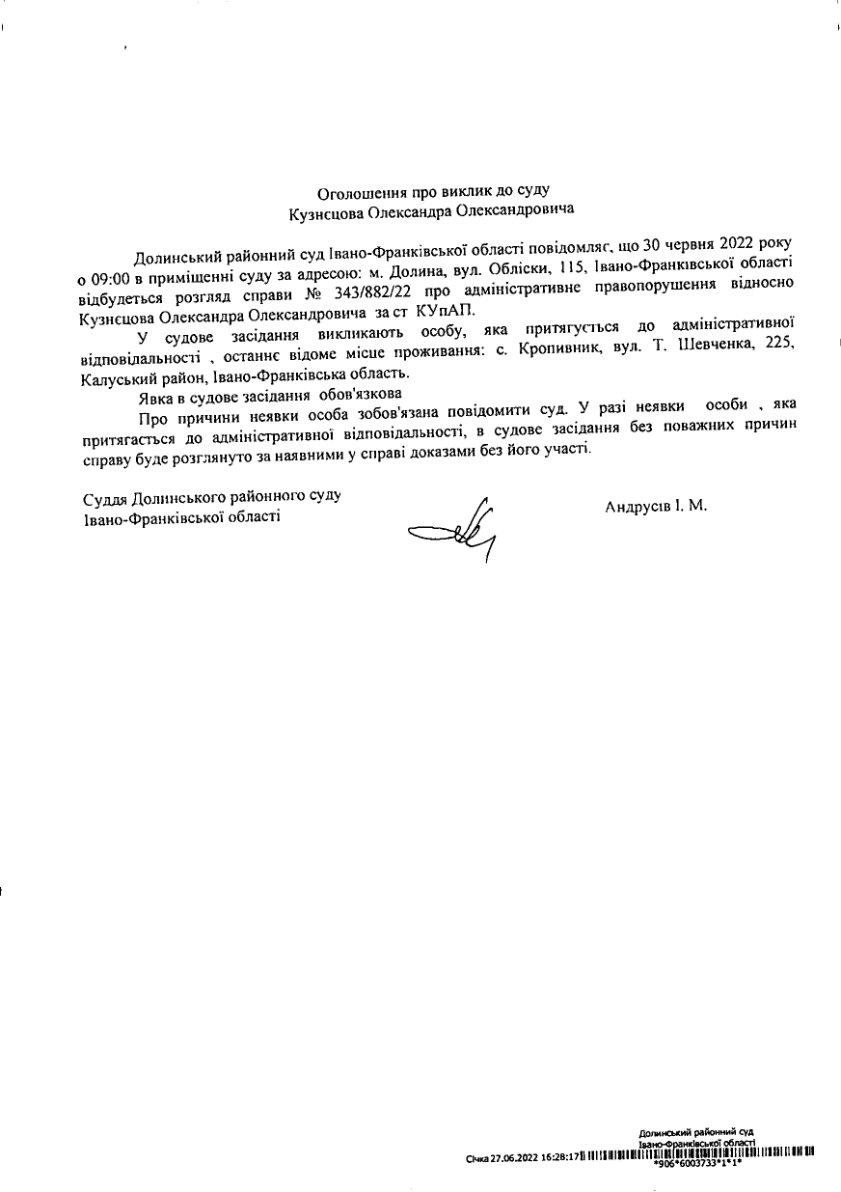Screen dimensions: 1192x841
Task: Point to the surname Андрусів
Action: [x=638, y=507]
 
